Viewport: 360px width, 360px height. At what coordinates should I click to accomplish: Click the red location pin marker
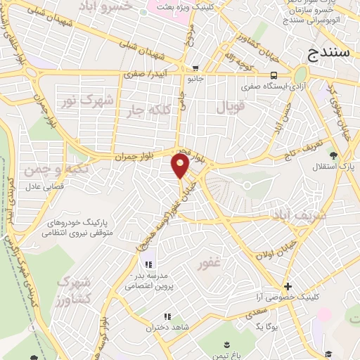[180, 166]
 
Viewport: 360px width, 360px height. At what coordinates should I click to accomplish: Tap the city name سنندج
[330, 53]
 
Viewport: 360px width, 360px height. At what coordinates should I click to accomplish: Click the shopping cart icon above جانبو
[194, 68]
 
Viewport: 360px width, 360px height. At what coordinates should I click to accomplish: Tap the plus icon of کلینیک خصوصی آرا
[287, 286]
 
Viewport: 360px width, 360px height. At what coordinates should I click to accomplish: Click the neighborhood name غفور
[210, 264]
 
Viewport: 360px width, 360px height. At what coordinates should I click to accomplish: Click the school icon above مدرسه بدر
[148, 264]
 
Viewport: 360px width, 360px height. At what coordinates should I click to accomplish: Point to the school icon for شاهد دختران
[168, 316]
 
